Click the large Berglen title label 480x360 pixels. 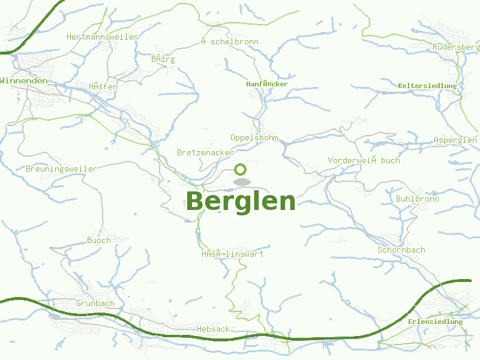pyautogui.click(x=241, y=202)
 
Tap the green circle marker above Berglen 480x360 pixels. pyautogui.click(x=241, y=169)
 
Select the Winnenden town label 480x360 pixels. pyautogui.click(x=24, y=80)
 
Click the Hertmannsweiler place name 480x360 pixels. pyautogui.click(x=103, y=37)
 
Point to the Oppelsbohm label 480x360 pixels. pyautogui.click(x=254, y=137)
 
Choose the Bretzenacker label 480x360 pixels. pyautogui.click(x=205, y=152)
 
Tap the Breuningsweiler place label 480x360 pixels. pyautogui.click(x=61, y=169)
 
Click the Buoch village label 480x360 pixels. pyautogui.click(x=99, y=240)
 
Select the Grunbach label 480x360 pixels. pyautogui.click(x=95, y=303)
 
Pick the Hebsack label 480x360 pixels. pyautogui.click(x=213, y=329)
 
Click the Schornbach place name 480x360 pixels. pyautogui.click(x=401, y=250)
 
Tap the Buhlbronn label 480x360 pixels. pyautogui.click(x=418, y=199)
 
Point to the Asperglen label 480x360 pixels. pyautogui.click(x=455, y=140)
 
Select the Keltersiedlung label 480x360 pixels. pyautogui.click(x=427, y=86)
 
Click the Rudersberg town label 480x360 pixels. pyautogui.click(x=456, y=47)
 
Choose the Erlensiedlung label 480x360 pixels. pyautogui.click(x=436, y=322)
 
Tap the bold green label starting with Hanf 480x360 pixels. pyautogui.click(x=267, y=84)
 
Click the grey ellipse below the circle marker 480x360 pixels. pyautogui.click(x=241, y=182)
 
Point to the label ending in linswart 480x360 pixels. pyautogui.click(x=233, y=254)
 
